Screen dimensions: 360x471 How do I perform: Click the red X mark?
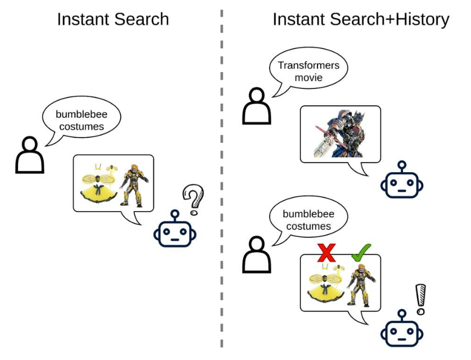coord(327,252)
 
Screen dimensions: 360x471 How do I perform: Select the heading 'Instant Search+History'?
coord(361,19)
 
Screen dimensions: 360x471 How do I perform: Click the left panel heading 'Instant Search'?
coord(113,19)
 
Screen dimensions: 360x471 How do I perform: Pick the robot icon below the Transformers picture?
coord(401,181)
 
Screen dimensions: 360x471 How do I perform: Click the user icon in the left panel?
coord(30,155)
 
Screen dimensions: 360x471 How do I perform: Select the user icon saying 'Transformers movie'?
coord(256,107)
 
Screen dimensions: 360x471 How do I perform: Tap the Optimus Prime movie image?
coord(341,133)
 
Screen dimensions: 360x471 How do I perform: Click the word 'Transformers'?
coord(309,65)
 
